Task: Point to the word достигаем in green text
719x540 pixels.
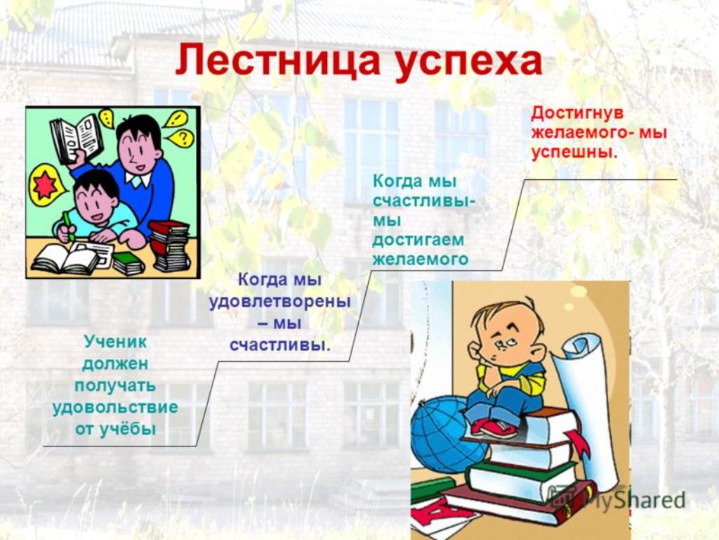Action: click(418, 240)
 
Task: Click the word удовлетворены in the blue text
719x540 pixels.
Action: click(280, 302)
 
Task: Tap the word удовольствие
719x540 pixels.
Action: click(114, 407)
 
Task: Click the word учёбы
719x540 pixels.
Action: click(128, 430)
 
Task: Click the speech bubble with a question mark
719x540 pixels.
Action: click(182, 137)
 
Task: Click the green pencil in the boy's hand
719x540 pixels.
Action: click(69, 226)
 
